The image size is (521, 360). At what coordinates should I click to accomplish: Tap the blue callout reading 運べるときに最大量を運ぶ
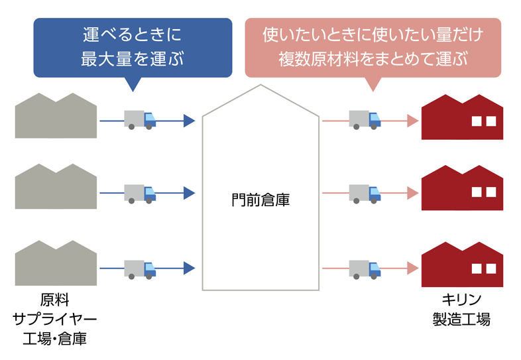(133, 46)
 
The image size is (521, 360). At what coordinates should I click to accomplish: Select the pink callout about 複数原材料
(373, 46)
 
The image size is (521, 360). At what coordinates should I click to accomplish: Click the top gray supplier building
(56, 117)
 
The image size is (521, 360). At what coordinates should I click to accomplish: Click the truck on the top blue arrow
(139, 119)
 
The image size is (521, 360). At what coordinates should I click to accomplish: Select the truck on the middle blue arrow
(139, 193)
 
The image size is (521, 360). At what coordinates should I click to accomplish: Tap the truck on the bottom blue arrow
(139, 268)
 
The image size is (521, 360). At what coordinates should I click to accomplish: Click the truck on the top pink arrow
(365, 119)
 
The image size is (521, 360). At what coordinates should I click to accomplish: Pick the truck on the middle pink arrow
(365, 193)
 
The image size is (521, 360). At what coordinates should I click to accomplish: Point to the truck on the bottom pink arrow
(365, 268)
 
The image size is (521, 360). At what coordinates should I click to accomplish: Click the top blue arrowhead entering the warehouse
(190, 121)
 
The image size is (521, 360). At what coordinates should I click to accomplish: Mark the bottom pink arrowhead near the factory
(412, 269)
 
